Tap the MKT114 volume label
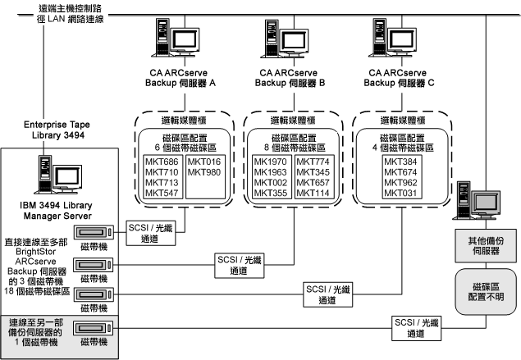coord(312,193)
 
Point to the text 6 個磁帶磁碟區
coord(182,146)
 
